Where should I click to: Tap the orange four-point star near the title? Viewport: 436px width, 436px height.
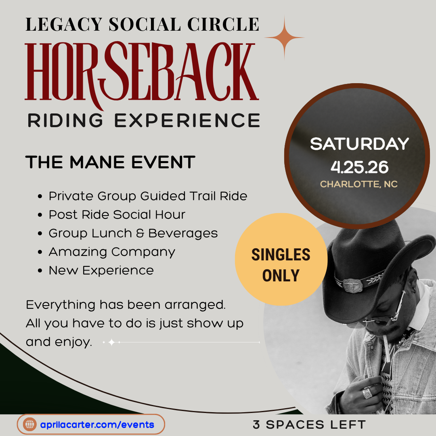tap(284, 38)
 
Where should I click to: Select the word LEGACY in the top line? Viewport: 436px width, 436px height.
tap(64, 24)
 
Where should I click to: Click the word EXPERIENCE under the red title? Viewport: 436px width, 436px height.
tap(187, 120)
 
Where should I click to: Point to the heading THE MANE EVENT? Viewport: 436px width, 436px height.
tap(110, 162)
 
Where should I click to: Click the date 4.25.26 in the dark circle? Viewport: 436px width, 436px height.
tap(359, 167)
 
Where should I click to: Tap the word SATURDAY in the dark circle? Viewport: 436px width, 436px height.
tap(359, 144)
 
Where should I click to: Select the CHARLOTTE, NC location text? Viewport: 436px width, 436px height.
tap(359, 184)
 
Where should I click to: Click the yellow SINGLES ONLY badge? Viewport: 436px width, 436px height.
tap(281, 259)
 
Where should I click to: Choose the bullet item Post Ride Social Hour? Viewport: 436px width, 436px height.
tap(117, 215)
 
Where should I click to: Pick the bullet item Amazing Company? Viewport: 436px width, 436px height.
tap(112, 252)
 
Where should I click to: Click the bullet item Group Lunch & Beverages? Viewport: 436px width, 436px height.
tap(133, 233)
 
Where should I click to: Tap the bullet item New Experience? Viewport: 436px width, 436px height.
tap(101, 270)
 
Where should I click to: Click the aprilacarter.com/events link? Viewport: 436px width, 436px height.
tap(97, 425)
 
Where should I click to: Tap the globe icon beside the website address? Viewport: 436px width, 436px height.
tap(30, 424)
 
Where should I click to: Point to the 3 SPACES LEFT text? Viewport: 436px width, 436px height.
tap(309, 425)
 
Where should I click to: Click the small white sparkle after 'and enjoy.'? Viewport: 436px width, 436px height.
tap(111, 342)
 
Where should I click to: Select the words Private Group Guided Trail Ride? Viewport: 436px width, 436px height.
tap(148, 196)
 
